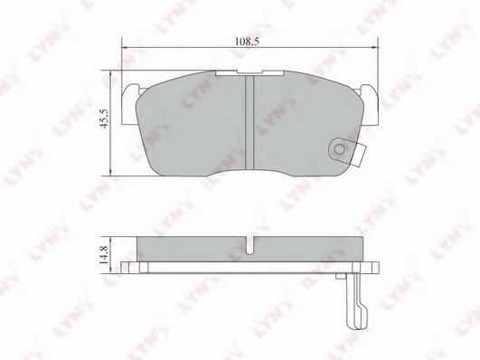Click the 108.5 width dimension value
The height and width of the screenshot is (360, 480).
click(247, 42)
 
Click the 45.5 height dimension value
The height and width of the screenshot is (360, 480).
click(104, 118)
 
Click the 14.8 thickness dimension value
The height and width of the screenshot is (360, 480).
click(104, 255)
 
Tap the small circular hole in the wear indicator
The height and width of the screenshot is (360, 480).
click(339, 149)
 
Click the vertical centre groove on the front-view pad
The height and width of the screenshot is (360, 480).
click(249, 122)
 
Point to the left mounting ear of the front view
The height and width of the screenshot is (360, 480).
click(131, 104)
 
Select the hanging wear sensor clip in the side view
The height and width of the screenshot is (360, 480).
click(356, 301)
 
